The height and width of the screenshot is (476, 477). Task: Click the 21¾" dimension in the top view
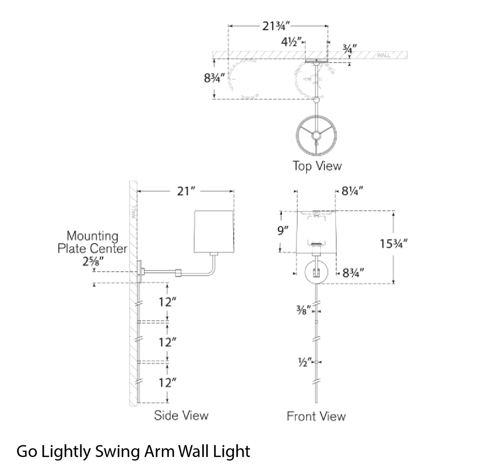pyautogui.click(x=276, y=26)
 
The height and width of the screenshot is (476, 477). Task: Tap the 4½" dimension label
pyautogui.click(x=292, y=42)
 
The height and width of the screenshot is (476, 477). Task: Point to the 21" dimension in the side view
pyautogui.click(x=186, y=191)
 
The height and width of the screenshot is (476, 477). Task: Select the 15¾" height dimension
pyautogui.click(x=394, y=244)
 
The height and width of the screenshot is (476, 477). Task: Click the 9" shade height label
pyautogui.click(x=283, y=231)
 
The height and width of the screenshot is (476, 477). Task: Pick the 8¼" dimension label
pyautogui.click(x=353, y=191)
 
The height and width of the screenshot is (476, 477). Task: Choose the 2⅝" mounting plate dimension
pyautogui.click(x=91, y=262)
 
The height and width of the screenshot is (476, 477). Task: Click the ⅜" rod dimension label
pyautogui.click(x=304, y=310)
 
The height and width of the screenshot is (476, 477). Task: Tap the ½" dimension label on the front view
pyautogui.click(x=303, y=362)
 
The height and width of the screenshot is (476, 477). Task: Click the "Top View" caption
pyautogui.click(x=317, y=166)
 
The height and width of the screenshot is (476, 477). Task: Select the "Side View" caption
pyautogui.click(x=181, y=415)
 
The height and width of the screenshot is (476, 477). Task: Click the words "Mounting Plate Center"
pyautogui.click(x=92, y=242)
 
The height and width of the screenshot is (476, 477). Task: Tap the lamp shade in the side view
pyautogui.click(x=214, y=231)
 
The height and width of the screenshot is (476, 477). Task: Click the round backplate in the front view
pyautogui.click(x=316, y=272)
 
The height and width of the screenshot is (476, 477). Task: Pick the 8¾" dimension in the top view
pyautogui.click(x=214, y=78)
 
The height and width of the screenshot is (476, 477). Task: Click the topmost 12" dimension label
pyautogui.click(x=167, y=302)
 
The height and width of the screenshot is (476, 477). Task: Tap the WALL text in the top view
pyautogui.click(x=384, y=56)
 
